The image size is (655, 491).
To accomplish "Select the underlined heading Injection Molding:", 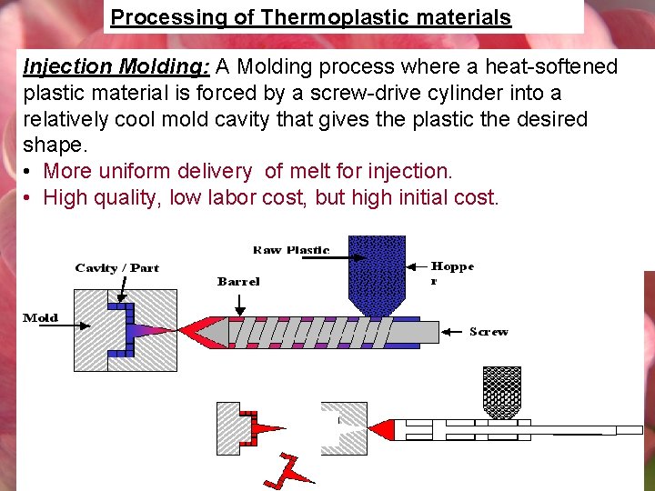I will (116, 67).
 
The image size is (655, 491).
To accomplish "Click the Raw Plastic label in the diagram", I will (291, 250).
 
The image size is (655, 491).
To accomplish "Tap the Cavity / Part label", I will (116, 268).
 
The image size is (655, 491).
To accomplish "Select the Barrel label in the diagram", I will (238, 282).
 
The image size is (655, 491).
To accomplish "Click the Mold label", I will (41, 318).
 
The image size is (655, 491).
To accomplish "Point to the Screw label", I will (489, 332).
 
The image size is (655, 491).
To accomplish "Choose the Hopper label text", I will (452, 273).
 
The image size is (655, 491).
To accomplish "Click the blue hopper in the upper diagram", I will (377, 273).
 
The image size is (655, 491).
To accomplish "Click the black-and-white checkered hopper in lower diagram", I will (501, 391).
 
